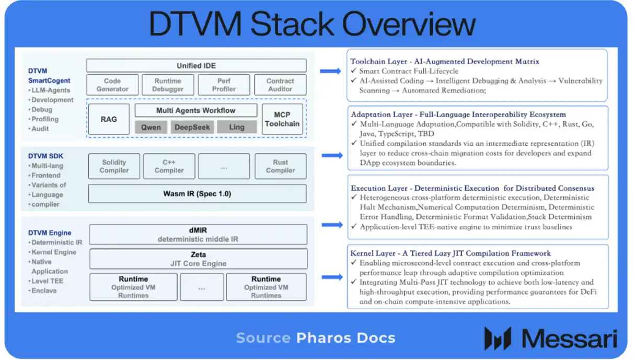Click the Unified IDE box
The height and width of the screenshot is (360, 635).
pyautogui.click(x=196, y=65)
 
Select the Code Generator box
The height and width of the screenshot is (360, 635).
pyautogui.click(x=112, y=85)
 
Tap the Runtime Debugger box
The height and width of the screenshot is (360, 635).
pyautogui.click(x=168, y=85)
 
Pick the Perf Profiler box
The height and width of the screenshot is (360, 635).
pyautogui.click(x=224, y=85)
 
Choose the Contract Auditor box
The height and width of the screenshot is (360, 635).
pyautogui.click(x=280, y=85)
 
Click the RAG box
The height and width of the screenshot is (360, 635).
pyautogui.click(x=109, y=119)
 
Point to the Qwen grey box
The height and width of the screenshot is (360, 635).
pyautogui.click(x=151, y=127)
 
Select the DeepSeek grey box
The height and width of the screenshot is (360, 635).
pyautogui.click(x=192, y=127)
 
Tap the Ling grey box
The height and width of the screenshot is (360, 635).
pyautogui.click(x=237, y=127)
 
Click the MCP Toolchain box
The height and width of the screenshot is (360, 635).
pyautogui.click(x=282, y=119)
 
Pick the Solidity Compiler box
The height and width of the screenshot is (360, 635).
pyautogui.click(x=114, y=166)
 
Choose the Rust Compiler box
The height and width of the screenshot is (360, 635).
pyautogui.click(x=280, y=166)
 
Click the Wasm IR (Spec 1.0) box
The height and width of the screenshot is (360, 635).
pyautogui.click(x=198, y=194)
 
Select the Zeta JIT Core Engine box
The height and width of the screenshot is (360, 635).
pyautogui.click(x=199, y=259)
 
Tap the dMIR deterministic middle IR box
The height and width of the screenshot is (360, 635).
pyautogui.click(x=198, y=235)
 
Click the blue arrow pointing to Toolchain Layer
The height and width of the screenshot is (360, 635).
pyautogui.click(x=330, y=71)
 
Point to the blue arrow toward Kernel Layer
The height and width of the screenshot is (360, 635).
pyautogui.click(x=332, y=277)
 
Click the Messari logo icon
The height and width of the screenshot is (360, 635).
pyautogui.click(x=498, y=338)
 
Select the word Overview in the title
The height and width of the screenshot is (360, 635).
pyautogui.click(x=409, y=24)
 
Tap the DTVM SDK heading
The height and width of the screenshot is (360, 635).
pyautogui.click(x=45, y=156)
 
